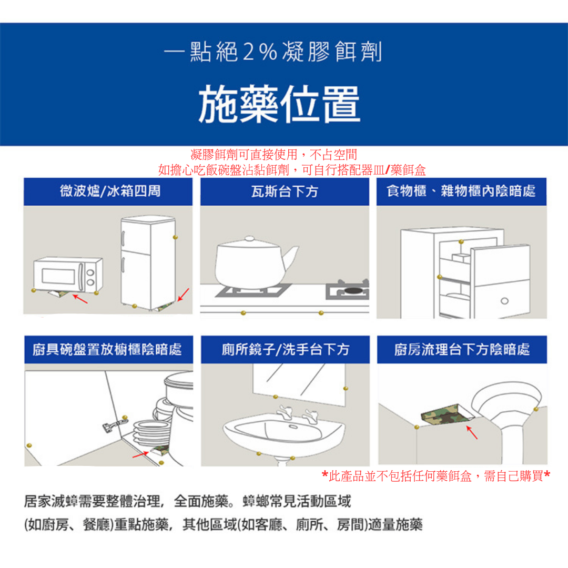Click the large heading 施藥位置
coord(279,104)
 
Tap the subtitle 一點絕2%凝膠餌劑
coord(273,52)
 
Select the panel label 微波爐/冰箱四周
coord(110,191)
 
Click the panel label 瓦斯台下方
coord(285,191)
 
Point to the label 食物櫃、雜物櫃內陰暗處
coord(461,191)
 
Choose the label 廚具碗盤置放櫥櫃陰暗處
coord(107,350)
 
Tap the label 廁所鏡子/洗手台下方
coord(286,350)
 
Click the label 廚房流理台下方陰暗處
coord(462,350)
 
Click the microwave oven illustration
coord(68,275)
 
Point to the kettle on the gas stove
coord(255,261)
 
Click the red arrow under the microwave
coord(80,299)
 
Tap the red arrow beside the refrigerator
coord(184,295)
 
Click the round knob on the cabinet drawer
coord(504,301)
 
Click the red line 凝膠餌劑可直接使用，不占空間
coord(274,155)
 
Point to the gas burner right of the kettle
coord(348,290)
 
